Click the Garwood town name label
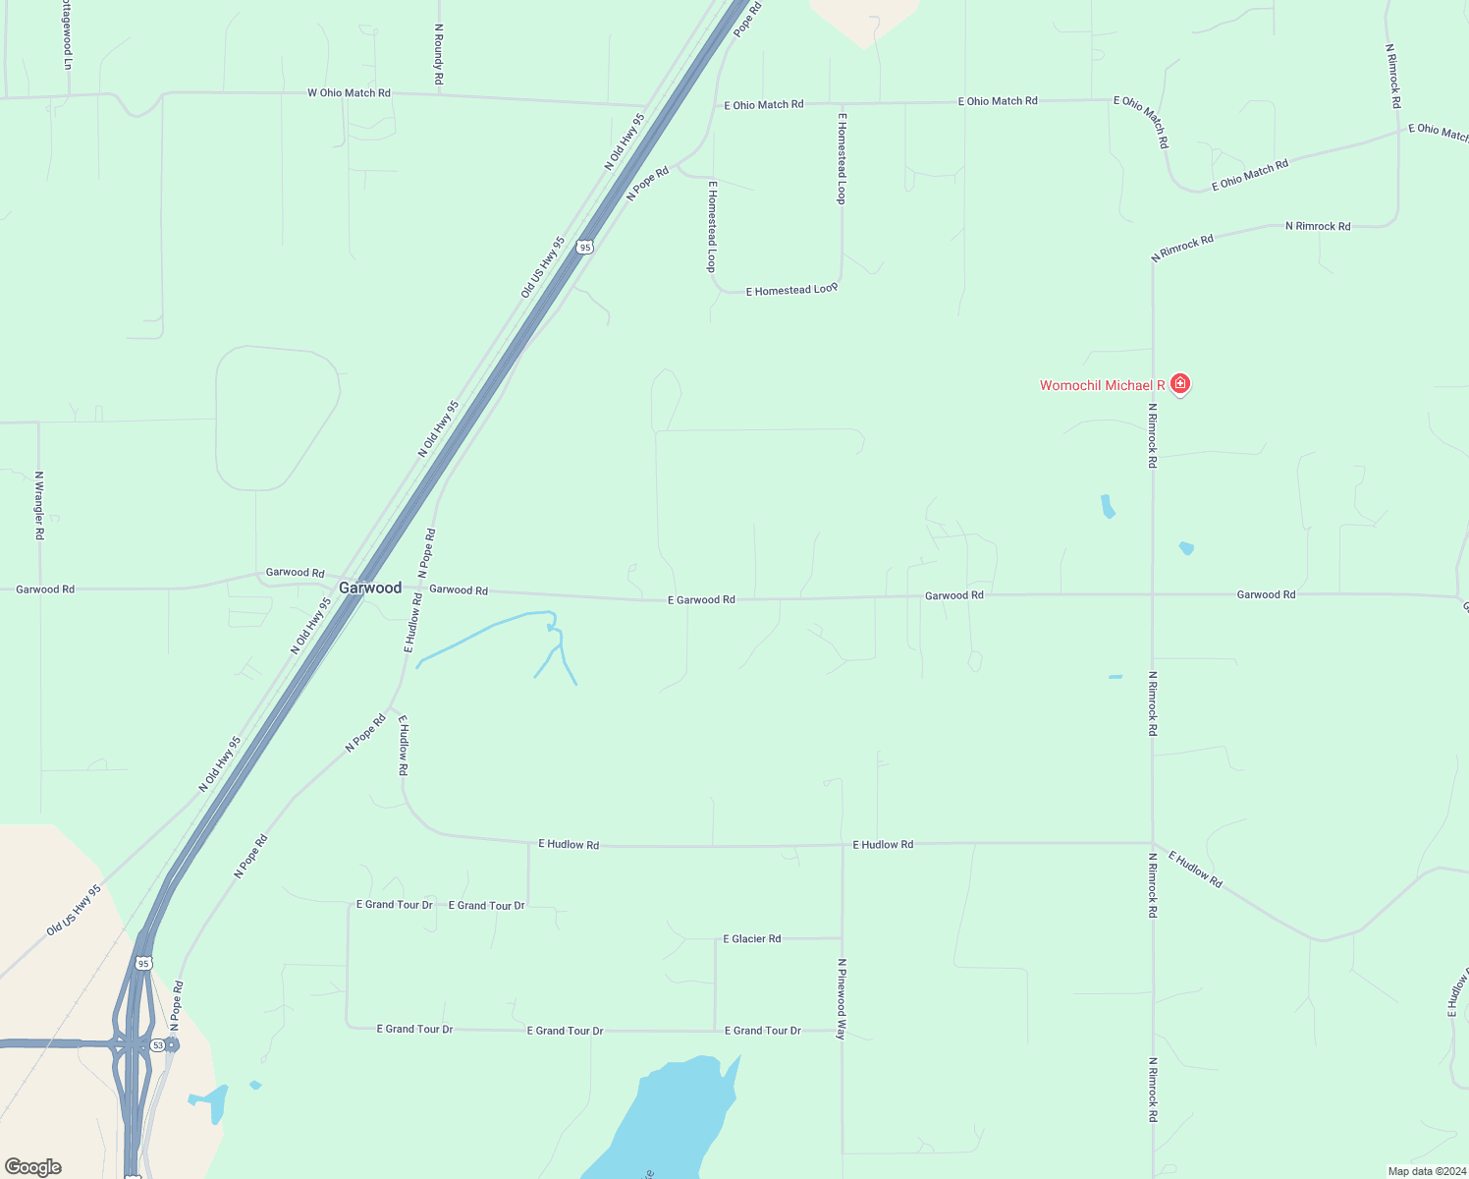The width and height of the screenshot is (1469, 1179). (x=370, y=588)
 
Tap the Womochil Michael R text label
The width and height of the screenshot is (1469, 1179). (x=1102, y=385)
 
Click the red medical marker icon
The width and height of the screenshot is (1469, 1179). (x=1180, y=383)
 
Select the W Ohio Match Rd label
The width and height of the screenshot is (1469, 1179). (x=349, y=93)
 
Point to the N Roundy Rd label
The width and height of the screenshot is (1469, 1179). (x=439, y=54)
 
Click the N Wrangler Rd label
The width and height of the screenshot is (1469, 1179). (x=39, y=506)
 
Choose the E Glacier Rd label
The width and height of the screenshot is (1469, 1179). (x=752, y=939)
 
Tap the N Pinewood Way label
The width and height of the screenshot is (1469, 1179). (x=842, y=999)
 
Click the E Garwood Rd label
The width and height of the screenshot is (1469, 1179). (x=701, y=599)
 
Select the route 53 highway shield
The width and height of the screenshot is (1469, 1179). (x=158, y=1045)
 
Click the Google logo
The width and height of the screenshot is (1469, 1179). (x=33, y=1167)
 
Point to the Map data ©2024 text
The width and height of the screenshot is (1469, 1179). (x=1424, y=1171)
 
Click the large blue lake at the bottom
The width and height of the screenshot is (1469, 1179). (x=668, y=1120)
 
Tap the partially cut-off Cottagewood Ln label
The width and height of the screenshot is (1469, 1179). (x=67, y=34)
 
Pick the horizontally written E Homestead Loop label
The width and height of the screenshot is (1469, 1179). (x=791, y=290)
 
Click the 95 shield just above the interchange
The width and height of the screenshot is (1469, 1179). (x=144, y=964)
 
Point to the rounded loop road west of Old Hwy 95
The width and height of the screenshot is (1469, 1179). (x=278, y=418)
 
